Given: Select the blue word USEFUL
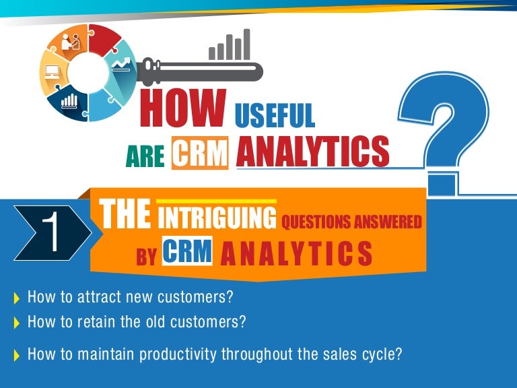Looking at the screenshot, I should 274,115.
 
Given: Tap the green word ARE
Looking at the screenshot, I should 145,156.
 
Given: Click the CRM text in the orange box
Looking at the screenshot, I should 199,152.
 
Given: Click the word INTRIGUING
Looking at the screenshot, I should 217,219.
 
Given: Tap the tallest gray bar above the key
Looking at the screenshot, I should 246,44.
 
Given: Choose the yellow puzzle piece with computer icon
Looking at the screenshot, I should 53,70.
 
